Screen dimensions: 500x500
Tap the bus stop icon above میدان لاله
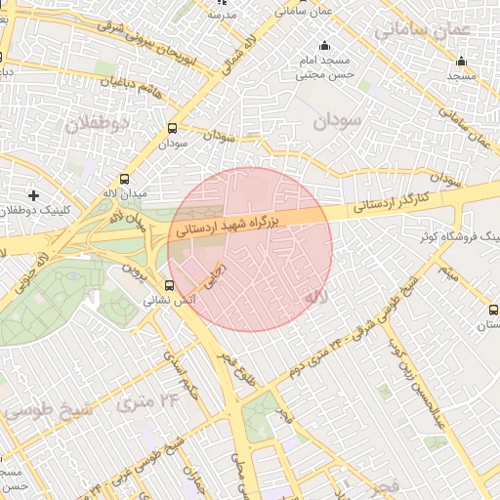pyautogui.click(x=124, y=179)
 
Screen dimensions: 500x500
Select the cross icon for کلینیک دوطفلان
pyautogui.click(x=35, y=196)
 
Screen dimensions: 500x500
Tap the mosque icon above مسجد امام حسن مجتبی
pyautogui.click(x=325, y=47)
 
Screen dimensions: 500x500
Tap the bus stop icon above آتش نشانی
pyautogui.click(x=170, y=286)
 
